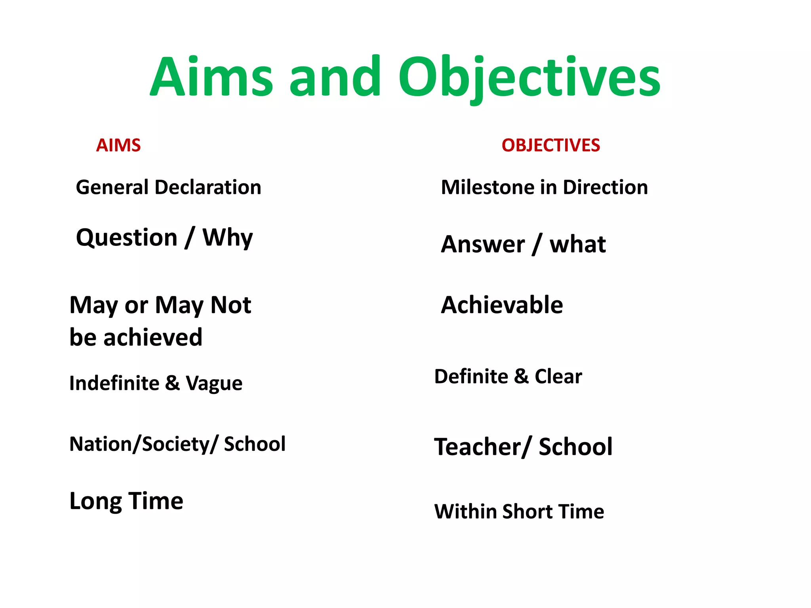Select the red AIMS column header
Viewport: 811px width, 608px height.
[x=118, y=145]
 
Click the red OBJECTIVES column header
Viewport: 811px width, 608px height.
[x=550, y=145]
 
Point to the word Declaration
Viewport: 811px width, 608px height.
[x=208, y=187]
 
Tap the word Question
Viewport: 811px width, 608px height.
[x=127, y=238]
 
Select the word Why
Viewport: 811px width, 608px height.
[x=227, y=238]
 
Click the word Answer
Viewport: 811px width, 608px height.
[x=483, y=244]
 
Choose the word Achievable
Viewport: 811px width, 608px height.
[x=502, y=305]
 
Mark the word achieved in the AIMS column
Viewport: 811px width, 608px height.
[x=153, y=338]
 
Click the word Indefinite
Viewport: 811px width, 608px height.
[x=114, y=383]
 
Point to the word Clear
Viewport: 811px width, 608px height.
[x=558, y=376]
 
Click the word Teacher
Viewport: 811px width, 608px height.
[x=478, y=447]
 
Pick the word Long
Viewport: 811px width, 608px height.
[x=95, y=502]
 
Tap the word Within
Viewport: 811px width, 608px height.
[x=465, y=511]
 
